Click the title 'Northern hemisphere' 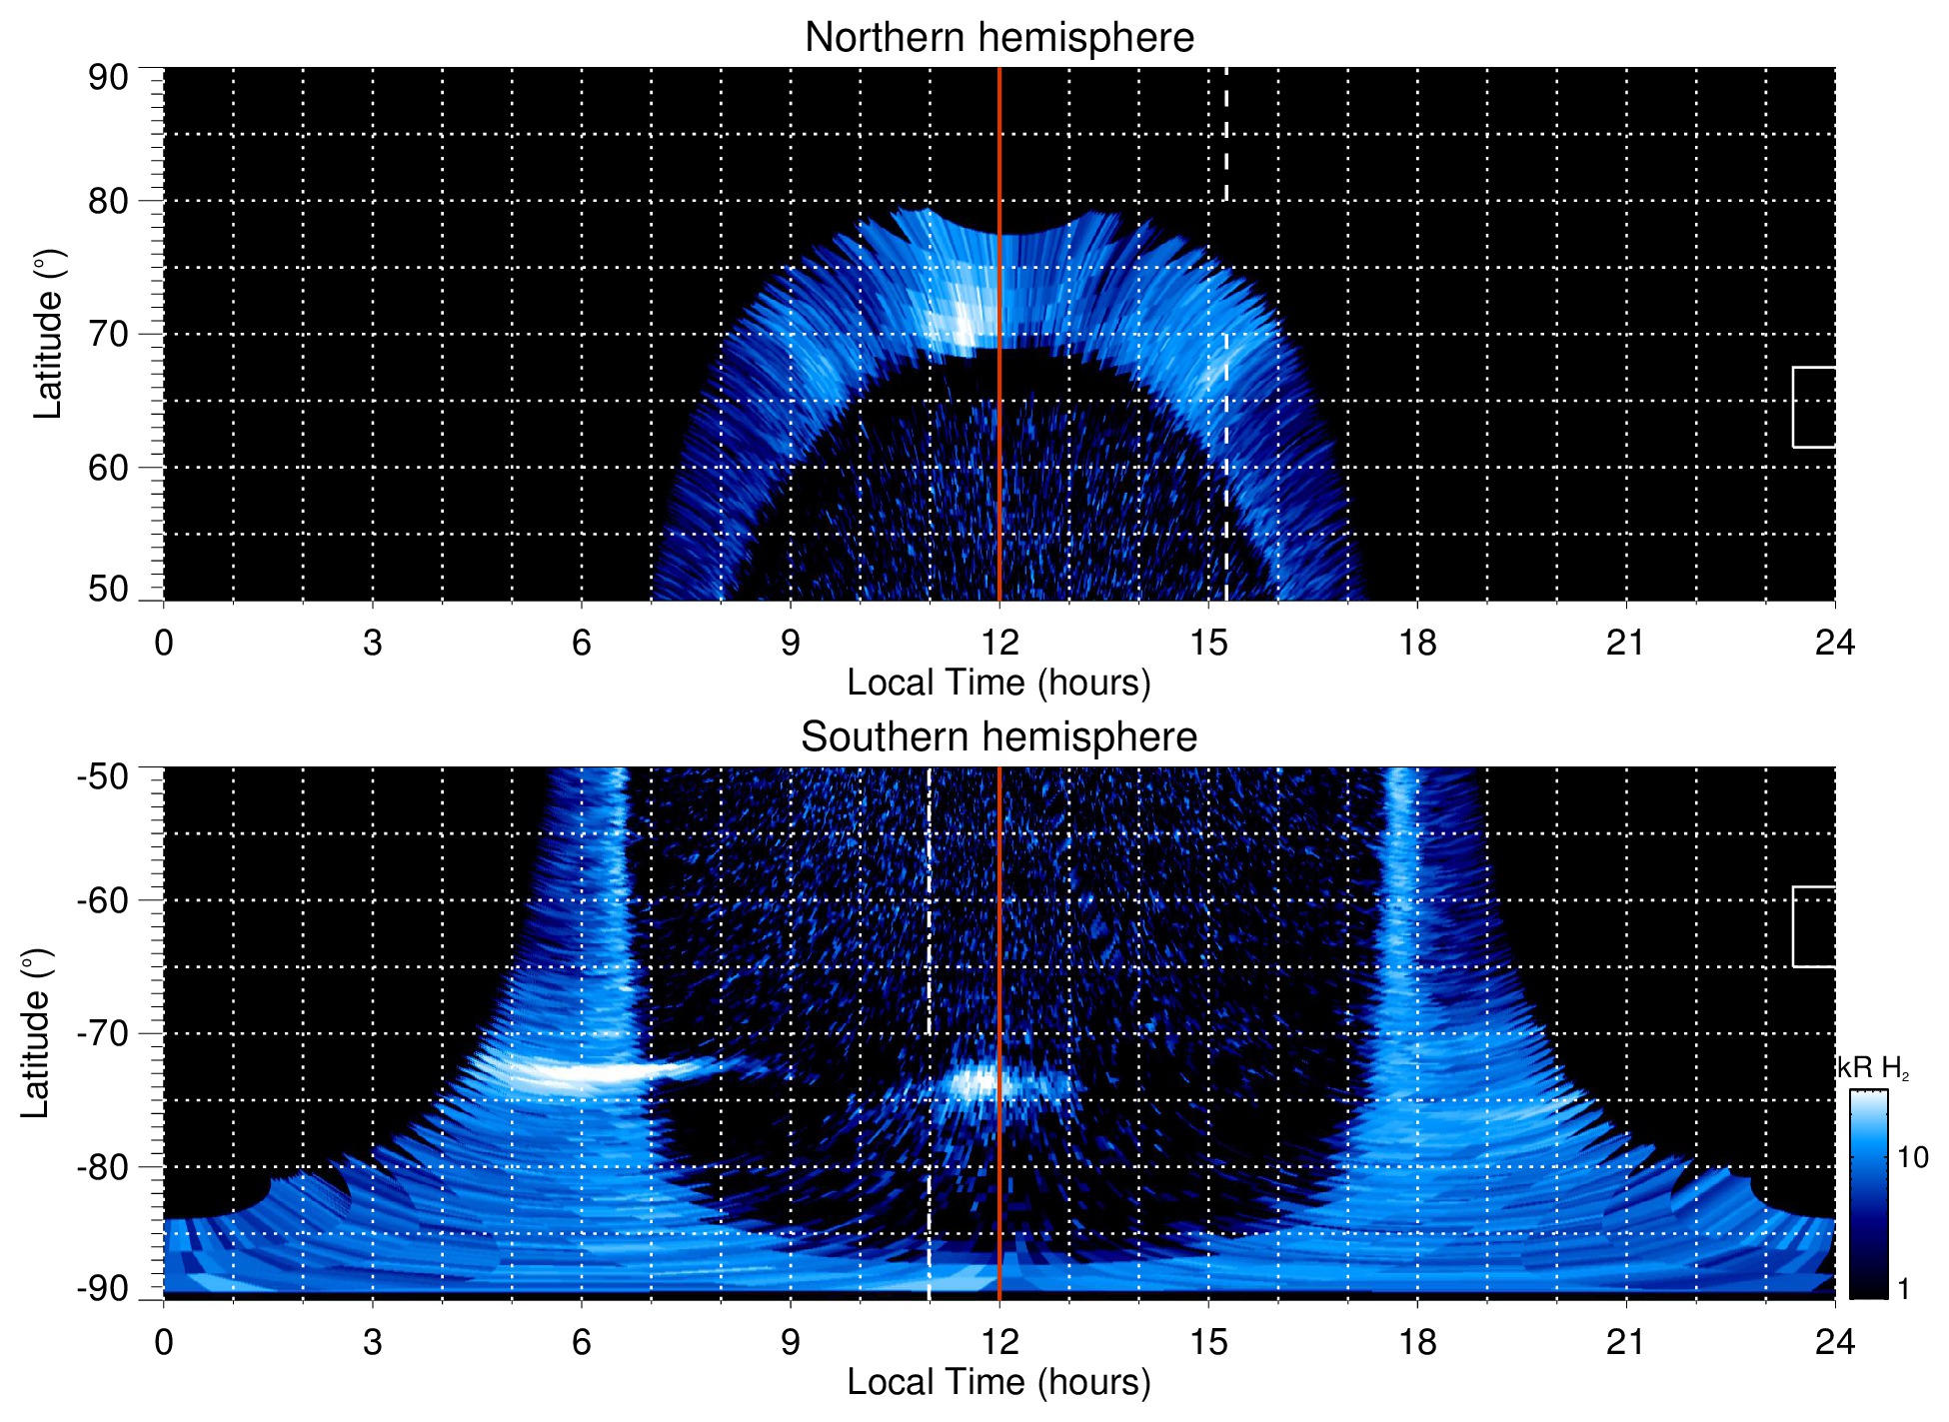point(998,38)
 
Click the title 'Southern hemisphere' point(998,737)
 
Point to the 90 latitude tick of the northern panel point(108,78)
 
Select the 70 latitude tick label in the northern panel point(108,334)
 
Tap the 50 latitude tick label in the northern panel point(108,590)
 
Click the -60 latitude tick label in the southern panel point(102,899)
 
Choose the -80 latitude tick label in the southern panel point(102,1166)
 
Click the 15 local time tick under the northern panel point(1208,643)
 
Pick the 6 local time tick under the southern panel point(581,1342)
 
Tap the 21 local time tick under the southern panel point(1625,1342)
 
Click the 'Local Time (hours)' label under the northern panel point(998,683)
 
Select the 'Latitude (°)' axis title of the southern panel point(36,1033)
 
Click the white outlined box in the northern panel point(1813,407)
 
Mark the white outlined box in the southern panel point(1813,926)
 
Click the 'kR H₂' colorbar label point(1873,1068)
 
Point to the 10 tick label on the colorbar point(1912,1157)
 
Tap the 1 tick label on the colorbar point(1903,1289)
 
